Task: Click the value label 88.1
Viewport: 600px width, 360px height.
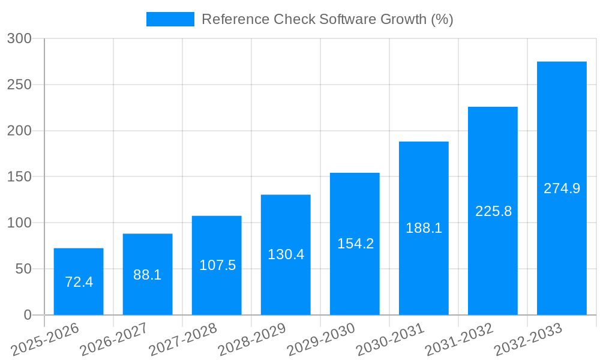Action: [x=148, y=275]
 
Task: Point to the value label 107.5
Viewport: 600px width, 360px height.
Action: [x=217, y=265]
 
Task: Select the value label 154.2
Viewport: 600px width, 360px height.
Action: [x=355, y=244]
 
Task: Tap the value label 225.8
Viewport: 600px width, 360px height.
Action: [x=493, y=211]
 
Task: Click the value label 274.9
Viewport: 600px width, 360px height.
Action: [x=562, y=188]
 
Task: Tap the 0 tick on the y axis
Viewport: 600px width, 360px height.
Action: [x=28, y=315]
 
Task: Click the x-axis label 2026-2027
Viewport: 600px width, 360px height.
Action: [x=114, y=339]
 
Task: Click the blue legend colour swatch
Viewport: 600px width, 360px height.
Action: [x=170, y=19]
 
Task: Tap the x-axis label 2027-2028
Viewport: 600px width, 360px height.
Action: [x=183, y=339]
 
